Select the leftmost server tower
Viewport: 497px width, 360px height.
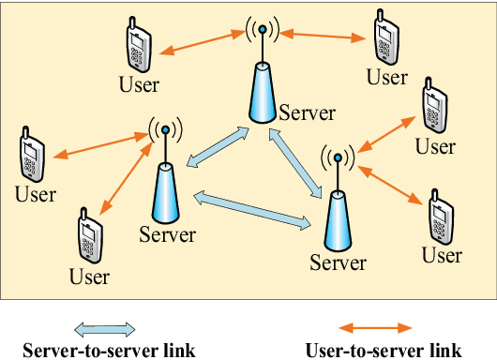tap(165, 192)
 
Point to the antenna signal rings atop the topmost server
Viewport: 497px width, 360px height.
tap(263, 29)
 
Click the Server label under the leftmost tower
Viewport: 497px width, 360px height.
tap(167, 233)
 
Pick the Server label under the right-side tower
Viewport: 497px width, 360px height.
tap(338, 262)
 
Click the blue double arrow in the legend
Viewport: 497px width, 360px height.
tap(106, 329)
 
